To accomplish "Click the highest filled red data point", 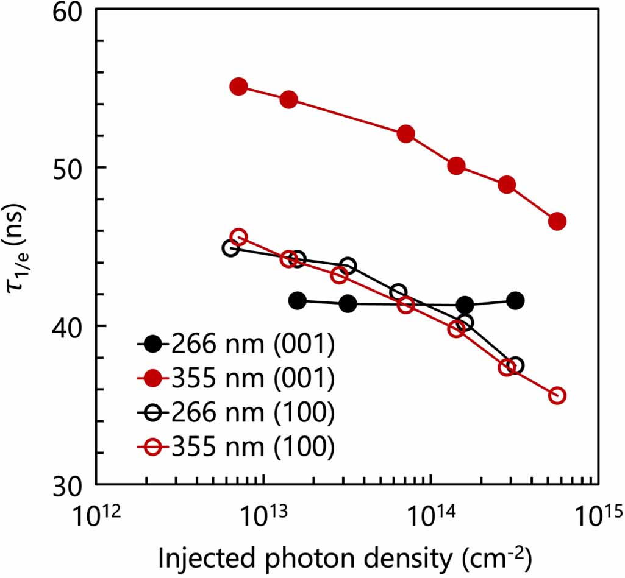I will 238,86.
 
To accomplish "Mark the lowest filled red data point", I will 557,222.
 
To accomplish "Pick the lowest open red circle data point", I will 557,396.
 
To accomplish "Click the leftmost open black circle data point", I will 230,248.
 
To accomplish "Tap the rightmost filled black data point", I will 515,300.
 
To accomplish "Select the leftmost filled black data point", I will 298,300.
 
